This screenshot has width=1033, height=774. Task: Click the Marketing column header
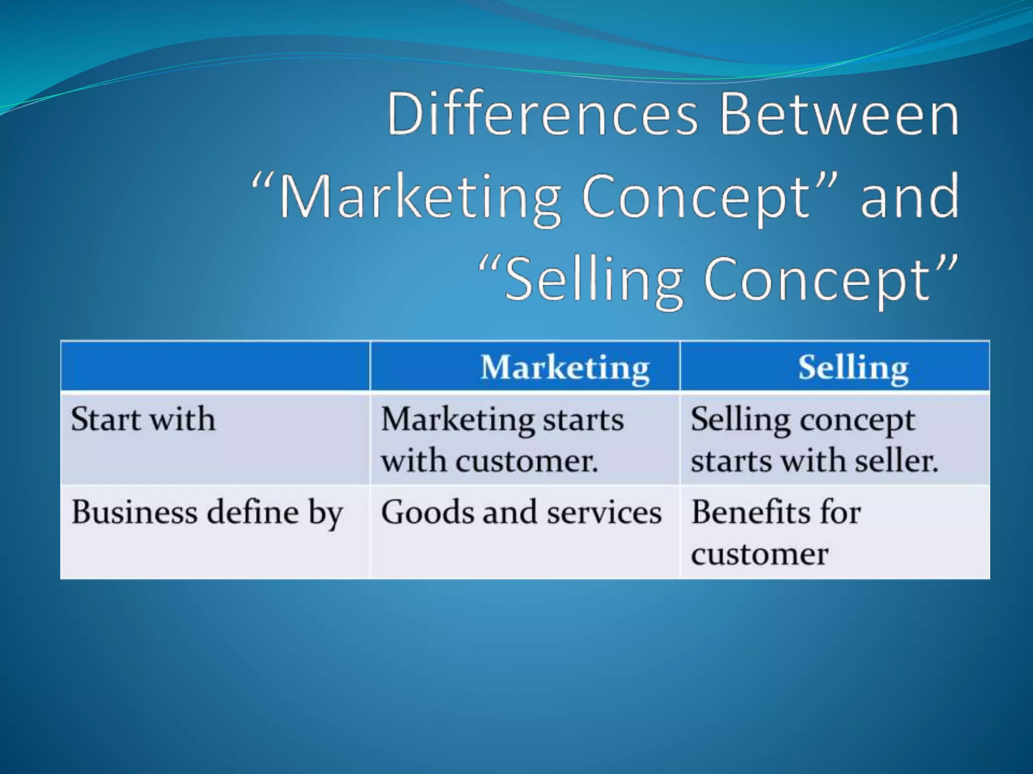coord(564,367)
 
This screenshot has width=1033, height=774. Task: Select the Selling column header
coord(853,367)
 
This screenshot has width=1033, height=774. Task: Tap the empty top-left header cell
coord(215,366)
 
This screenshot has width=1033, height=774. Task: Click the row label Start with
coord(143,419)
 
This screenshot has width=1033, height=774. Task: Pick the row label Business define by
coord(207,512)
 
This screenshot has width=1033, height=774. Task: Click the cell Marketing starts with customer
coord(502,439)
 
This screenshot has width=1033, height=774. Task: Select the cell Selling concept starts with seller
coord(814,439)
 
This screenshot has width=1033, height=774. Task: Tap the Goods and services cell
coord(521,512)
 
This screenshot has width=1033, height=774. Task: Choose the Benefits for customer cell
coord(776,533)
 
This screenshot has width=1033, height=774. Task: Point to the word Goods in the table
coord(428,512)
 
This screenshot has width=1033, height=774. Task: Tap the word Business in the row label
coord(134,512)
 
